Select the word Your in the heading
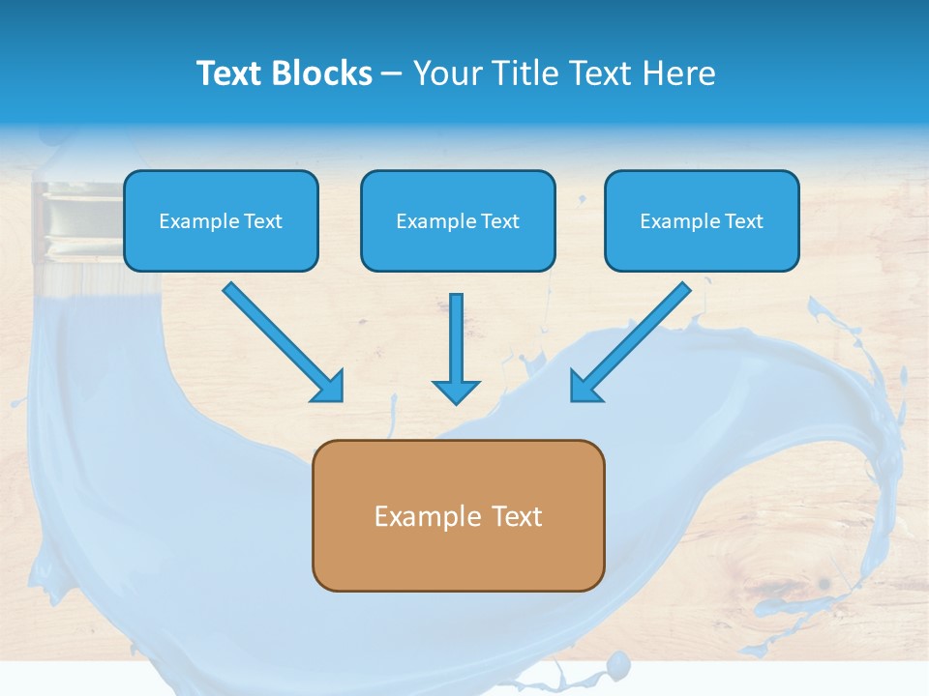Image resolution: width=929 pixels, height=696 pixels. (448, 73)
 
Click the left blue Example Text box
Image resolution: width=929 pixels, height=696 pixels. (221, 220)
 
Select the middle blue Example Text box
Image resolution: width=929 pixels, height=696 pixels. (458, 220)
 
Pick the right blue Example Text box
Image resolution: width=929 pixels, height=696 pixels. (702, 220)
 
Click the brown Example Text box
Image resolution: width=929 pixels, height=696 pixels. (458, 515)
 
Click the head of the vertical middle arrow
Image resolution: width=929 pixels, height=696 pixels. (456, 391)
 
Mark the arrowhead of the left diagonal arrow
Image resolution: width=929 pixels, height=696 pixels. (329, 387)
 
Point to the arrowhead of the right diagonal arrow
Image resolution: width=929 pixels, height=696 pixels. (584, 387)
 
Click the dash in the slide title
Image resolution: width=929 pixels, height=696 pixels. (392, 73)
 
